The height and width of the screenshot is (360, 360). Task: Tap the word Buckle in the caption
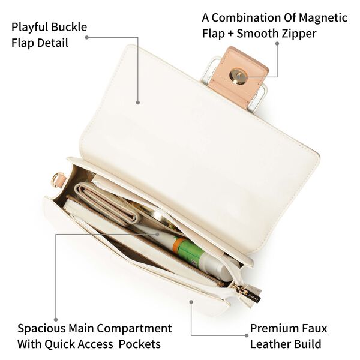[68, 27]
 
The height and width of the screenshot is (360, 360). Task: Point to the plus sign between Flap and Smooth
[231, 34]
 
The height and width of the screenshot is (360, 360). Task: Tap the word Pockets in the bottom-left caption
[140, 344]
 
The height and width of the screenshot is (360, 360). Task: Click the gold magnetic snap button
[239, 76]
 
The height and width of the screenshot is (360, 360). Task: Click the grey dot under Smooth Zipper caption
[277, 43]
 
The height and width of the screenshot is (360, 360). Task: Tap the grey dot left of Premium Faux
[247, 335]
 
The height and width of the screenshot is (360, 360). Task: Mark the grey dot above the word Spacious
[56, 320]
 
